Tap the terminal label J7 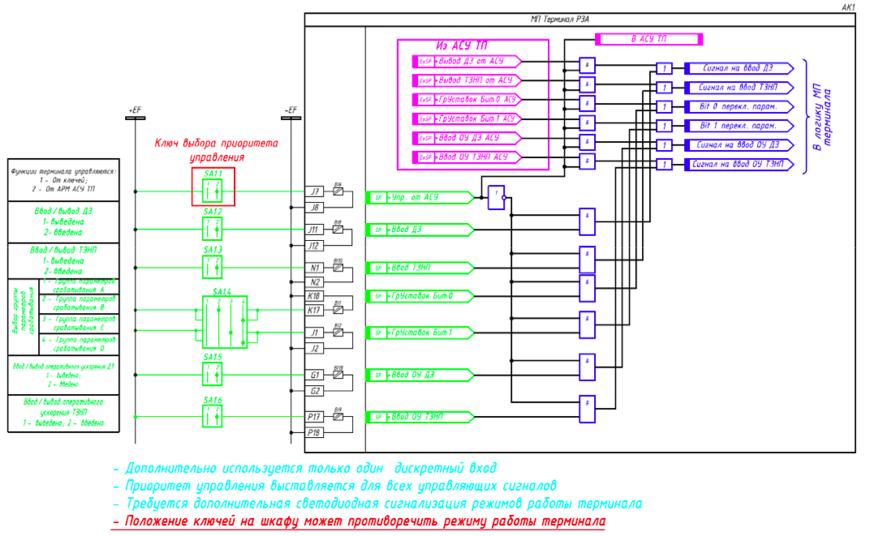(x=316, y=192)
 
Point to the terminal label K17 (x=316, y=310)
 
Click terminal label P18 (x=316, y=433)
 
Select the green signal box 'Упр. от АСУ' (x=419, y=197)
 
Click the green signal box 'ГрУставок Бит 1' (x=419, y=332)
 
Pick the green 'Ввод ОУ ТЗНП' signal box (x=419, y=417)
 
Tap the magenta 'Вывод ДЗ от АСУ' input (x=468, y=61)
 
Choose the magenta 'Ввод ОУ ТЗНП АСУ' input (x=468, y=157)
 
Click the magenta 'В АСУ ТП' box (x=648, y=39)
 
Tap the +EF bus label (x=136, y=109)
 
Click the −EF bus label (x=291, y=109)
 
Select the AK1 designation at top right (x=849, y=6)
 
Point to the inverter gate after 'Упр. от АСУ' (x=496, y=197)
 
